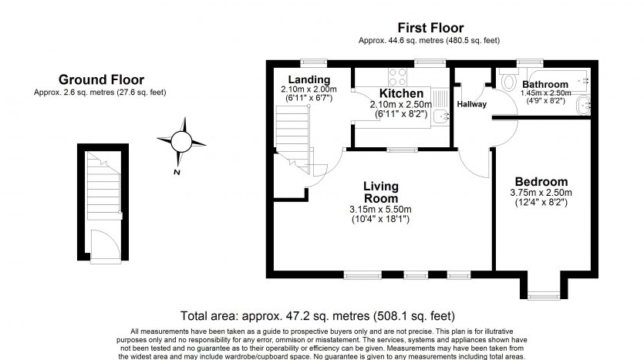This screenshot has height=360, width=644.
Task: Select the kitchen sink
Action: point(440,116)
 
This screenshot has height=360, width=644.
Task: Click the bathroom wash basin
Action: point(588,104)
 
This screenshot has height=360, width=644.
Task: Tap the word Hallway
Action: point(471,104)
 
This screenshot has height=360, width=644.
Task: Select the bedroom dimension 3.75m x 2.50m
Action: point(541,193)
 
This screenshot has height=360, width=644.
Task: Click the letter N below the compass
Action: point(177,172)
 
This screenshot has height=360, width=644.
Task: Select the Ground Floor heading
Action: point(100,79)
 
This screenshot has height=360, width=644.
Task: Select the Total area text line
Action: point(317,315)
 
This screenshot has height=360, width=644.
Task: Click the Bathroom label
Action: point(545,83)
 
